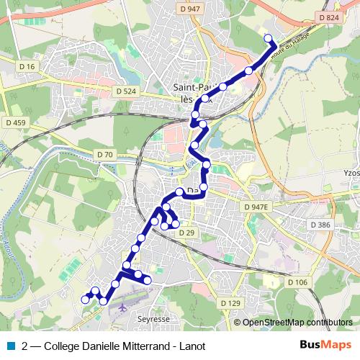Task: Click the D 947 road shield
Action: [190, 9]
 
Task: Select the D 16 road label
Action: [27, 66]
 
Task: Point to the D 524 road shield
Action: [125, 91]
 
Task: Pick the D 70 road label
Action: [104, 155]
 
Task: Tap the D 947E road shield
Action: [256, 207]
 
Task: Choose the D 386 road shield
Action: [321, 225]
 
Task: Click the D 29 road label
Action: [186, 233]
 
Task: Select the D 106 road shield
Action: [297, 282]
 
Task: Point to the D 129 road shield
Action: [230, 303]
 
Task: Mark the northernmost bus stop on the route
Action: [268, 38]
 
